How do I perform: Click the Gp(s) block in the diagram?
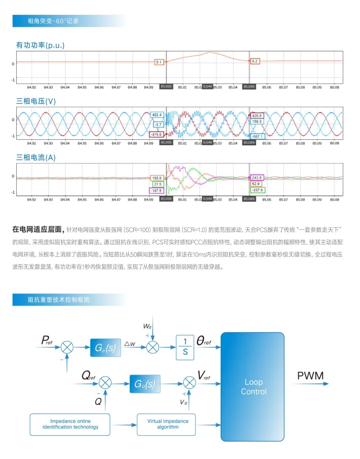105,348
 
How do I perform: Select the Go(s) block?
145,383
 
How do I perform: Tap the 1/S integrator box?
185,347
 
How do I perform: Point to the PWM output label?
310,376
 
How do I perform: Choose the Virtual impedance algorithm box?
168,424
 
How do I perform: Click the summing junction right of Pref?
67,347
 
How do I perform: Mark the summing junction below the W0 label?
153,347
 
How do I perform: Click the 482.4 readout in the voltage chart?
158,115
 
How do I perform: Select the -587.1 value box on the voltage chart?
258,136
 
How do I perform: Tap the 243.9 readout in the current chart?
257,177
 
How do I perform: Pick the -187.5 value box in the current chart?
157,190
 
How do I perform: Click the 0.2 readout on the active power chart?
255,61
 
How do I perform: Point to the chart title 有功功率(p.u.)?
40,45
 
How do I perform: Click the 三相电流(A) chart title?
38,157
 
